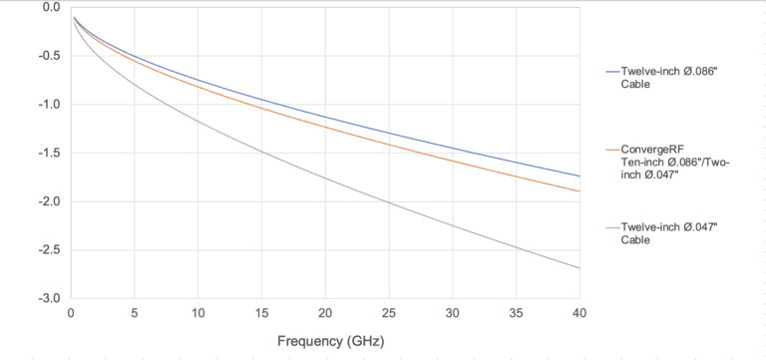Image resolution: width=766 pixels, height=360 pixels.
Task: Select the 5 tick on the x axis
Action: pos(134,312)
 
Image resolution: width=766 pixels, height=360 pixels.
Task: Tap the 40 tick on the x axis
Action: pos(578,312)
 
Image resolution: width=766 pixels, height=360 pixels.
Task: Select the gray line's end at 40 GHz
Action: pos(578,268)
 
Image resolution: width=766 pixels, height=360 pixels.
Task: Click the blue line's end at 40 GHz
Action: pos(578,177)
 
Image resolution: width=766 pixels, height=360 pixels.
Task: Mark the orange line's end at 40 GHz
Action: pos(578,191)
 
